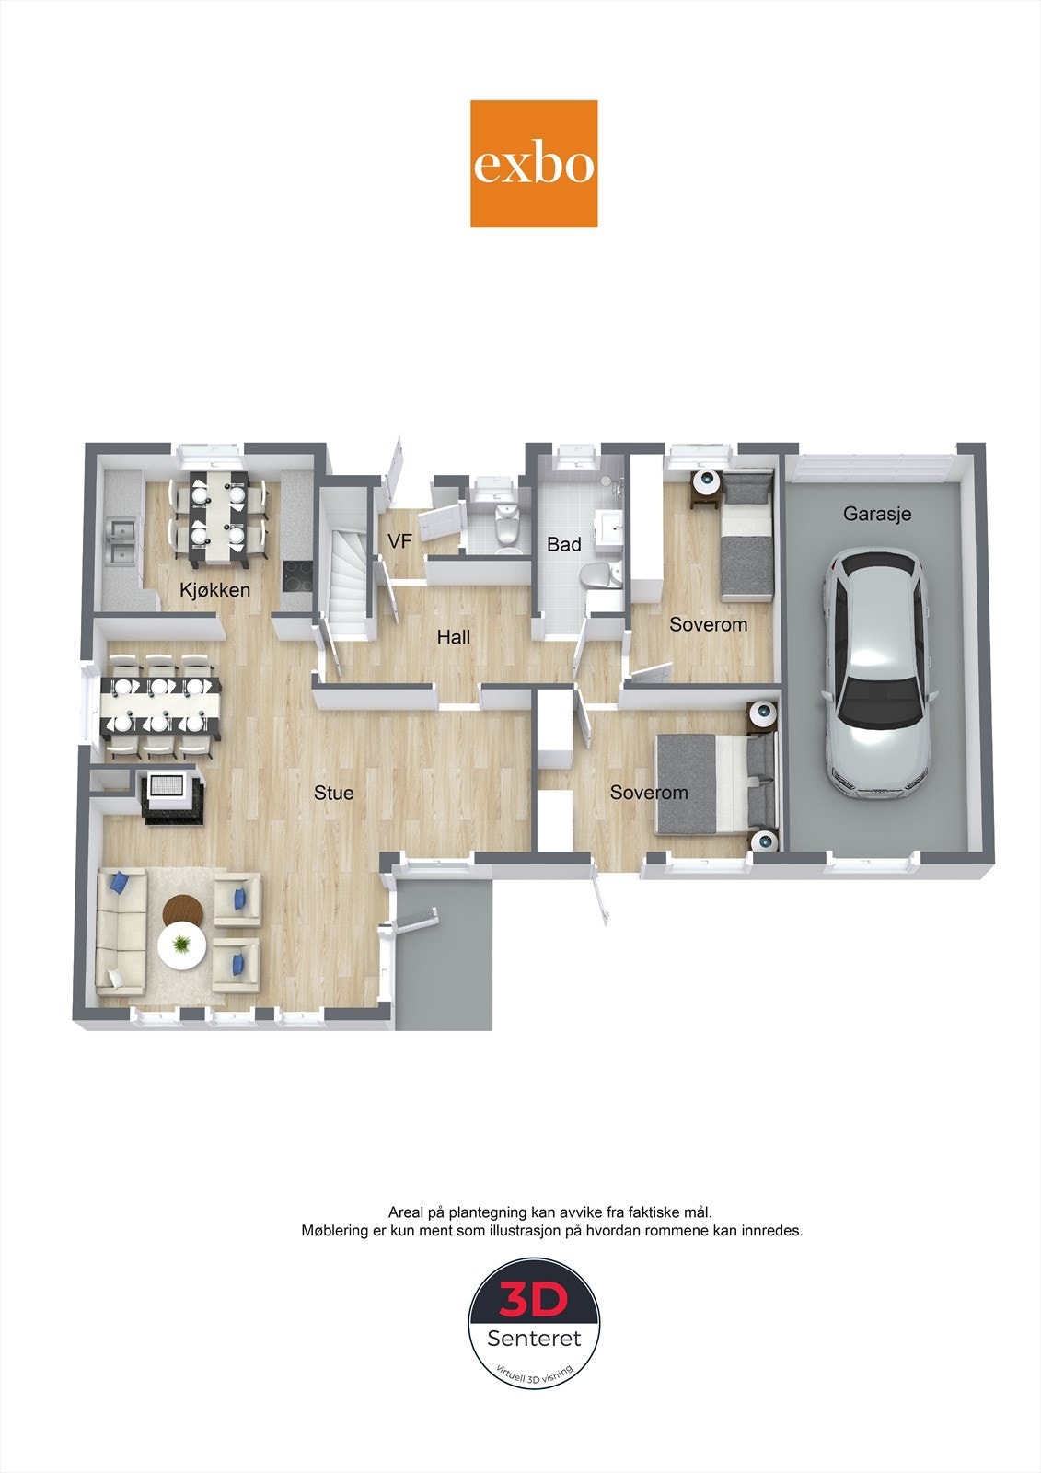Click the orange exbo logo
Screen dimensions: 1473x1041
pos(534,164)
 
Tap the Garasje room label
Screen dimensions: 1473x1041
pos(876,514)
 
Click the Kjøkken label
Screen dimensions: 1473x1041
pos(214,589)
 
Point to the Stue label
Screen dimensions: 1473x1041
pos(333,793)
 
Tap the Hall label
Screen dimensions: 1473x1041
pos(453,637)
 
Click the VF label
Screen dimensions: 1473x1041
pos(399,542)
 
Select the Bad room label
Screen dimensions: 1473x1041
pos(563,544)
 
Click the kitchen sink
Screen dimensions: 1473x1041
pos(121,541)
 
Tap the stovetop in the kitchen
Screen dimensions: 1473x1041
pos(296,576)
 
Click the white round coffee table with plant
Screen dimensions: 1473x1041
pos(181,946)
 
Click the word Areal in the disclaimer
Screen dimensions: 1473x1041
pos(407,1212)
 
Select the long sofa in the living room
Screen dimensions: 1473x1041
pos(120,932)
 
